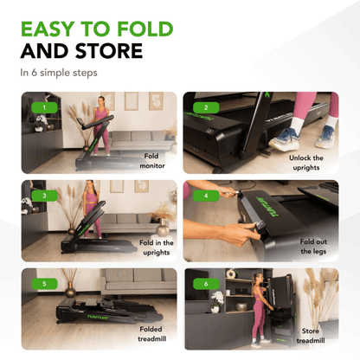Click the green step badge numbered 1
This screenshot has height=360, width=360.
pos(44,107)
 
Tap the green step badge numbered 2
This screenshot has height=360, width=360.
pos(206,107)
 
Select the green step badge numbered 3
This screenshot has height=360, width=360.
pos(44,196)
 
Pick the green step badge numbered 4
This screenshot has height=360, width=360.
pos(206,196)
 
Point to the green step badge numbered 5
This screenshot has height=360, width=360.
pos(44,284)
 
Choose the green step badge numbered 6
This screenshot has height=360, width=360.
pos(206,284)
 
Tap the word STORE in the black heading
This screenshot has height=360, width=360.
pos(109,51)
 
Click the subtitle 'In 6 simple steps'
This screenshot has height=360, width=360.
pos(59,73)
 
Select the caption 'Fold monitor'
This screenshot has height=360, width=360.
pos(151,161)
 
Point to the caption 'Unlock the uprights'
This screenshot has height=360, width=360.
pos(306,163)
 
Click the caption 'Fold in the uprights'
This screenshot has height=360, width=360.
pos(157,247)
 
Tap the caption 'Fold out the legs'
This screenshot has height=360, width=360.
pos(313,247)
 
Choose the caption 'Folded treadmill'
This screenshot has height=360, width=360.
pos(151,334)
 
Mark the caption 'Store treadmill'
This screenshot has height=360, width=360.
pos(311,336)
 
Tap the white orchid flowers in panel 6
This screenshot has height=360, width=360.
pos(217,297)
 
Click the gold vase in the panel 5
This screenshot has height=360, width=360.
pos(69,291)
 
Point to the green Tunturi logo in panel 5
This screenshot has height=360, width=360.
pos(98,317)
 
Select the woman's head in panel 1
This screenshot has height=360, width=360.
pos(100,101)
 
